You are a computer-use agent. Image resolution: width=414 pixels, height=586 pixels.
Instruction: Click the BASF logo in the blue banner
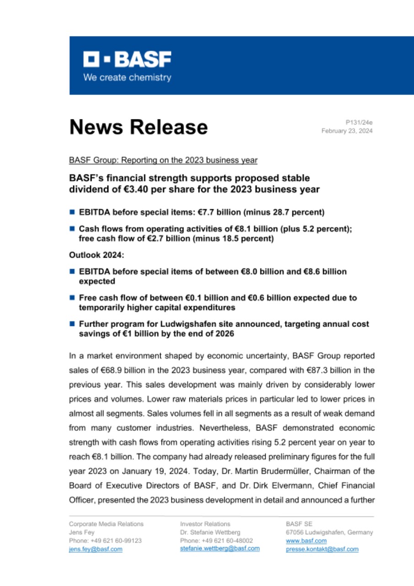(x=127, y=59)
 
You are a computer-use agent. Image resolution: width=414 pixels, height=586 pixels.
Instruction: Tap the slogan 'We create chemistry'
(x=127, y=77)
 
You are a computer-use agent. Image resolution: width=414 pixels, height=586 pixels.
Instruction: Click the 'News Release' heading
(x=138, y=127)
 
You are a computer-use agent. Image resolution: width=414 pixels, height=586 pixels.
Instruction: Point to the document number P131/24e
(x=359, y=122)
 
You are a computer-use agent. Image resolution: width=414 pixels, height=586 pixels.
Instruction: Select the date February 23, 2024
(x=347, y=131)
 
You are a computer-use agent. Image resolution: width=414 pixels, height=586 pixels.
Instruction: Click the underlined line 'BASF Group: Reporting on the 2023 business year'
(x=163, y=160)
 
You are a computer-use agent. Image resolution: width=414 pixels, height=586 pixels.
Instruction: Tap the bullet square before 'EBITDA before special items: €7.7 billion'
(x=72, y=212)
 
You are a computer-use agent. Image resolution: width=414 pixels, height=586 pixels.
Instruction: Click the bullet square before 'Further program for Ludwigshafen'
(x=72, y=324)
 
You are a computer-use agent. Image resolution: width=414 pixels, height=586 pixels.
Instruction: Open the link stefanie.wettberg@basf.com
(x=220, y=548)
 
